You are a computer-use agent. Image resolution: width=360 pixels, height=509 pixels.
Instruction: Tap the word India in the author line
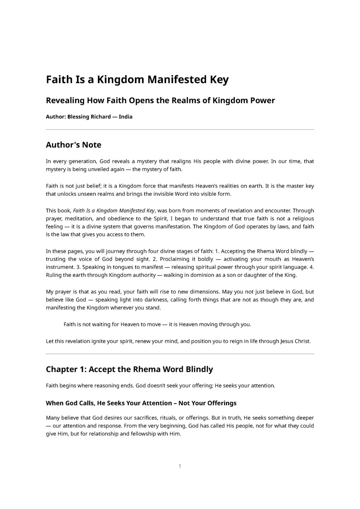coord(126,117)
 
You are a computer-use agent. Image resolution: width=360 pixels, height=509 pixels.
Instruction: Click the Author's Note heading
coord(73,145)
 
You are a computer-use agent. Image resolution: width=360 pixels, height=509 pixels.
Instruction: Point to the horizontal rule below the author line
coord(180,130)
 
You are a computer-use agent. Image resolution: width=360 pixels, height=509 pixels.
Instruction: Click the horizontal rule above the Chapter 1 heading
coord(180,354)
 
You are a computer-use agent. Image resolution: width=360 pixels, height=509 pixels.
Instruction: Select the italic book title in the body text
coord(114,210)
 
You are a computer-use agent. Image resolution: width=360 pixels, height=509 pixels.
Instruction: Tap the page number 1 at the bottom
coord(180,466)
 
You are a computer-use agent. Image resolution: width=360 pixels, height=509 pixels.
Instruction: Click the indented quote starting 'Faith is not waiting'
coord(157,324)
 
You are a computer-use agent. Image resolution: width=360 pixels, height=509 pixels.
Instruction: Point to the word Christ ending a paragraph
coord(302,341)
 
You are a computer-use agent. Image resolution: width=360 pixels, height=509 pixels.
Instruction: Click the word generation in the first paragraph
coord(82,161)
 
